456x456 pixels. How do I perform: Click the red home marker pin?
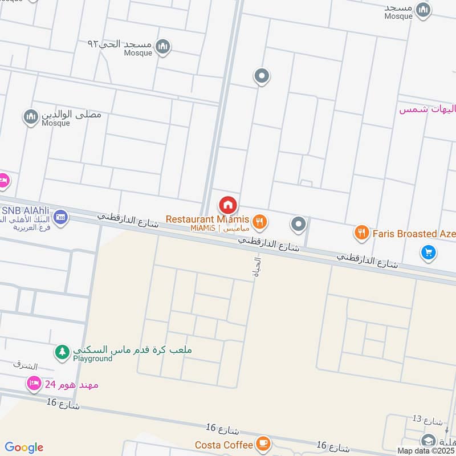228,205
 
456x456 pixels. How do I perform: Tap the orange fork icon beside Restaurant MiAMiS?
259,221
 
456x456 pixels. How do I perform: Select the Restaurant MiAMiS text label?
207,219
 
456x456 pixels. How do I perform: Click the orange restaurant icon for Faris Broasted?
361,232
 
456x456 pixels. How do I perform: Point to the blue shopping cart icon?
428,251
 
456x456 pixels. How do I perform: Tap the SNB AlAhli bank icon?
60,217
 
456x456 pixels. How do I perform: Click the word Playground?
92,359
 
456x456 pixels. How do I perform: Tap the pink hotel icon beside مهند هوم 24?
34,384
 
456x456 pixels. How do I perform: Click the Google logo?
24,447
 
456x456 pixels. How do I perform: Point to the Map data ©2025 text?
425,450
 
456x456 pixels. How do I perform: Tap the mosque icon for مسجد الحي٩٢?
163,46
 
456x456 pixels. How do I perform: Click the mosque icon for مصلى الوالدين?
31,117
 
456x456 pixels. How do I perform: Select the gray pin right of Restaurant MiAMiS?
298,224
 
